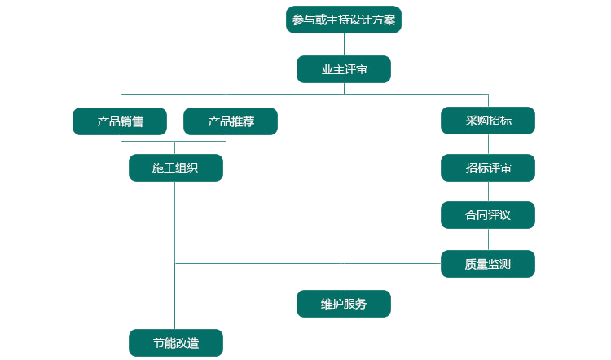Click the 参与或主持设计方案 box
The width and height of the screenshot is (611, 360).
343,20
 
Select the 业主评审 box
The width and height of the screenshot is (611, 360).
343,69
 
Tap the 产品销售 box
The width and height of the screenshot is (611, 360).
120,121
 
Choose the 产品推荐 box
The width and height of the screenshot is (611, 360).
231,121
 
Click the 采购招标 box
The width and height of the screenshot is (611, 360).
488,121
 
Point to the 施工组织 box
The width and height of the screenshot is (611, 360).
175,168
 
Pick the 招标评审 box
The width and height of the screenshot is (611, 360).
488,168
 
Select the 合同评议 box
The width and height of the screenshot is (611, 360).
488,215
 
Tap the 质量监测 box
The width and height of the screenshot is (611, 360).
488,264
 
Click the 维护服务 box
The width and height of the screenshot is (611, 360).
344,304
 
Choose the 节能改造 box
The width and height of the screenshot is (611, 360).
175,343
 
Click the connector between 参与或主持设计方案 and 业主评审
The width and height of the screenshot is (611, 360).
344,44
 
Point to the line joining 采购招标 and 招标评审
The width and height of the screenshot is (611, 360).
488,144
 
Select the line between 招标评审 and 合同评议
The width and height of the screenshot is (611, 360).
488,191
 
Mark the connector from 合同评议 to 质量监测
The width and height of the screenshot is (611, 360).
488,239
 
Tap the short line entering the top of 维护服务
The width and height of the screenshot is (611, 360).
345,277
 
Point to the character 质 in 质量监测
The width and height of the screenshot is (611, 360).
471,264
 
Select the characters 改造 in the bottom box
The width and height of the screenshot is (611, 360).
187,343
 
